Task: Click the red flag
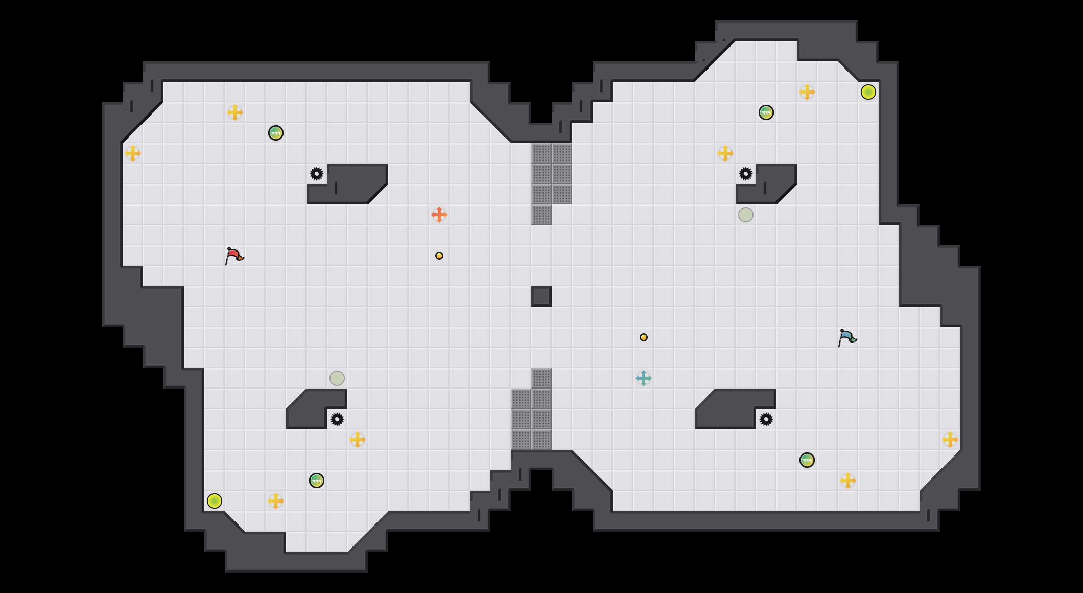tap(234, 256)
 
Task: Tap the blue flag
tap(847, 337)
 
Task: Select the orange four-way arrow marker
tap(439, 215)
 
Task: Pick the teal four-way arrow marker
tap(644, 378)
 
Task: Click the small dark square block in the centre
tap(541, 296)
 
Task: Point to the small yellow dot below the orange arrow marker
tap(439, 256)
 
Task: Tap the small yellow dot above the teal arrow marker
tap(644, 337)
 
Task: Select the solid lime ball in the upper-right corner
tap(868, 92)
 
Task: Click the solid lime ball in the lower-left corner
tap(215, 501)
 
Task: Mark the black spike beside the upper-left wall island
tap(317, 174)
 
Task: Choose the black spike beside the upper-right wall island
tap(746, 174)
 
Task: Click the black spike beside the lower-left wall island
tap(337, 419)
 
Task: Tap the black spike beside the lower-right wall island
tap(766, 419)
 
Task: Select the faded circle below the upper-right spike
tap(746, 215)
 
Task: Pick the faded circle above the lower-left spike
tap(337, 378)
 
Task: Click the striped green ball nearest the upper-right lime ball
tap(766, 112)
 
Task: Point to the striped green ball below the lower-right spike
tap(807, 460)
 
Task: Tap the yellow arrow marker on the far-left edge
tap(133, 153)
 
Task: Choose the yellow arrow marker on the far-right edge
tap(950, 440)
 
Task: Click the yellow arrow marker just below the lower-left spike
tap(358, 440)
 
